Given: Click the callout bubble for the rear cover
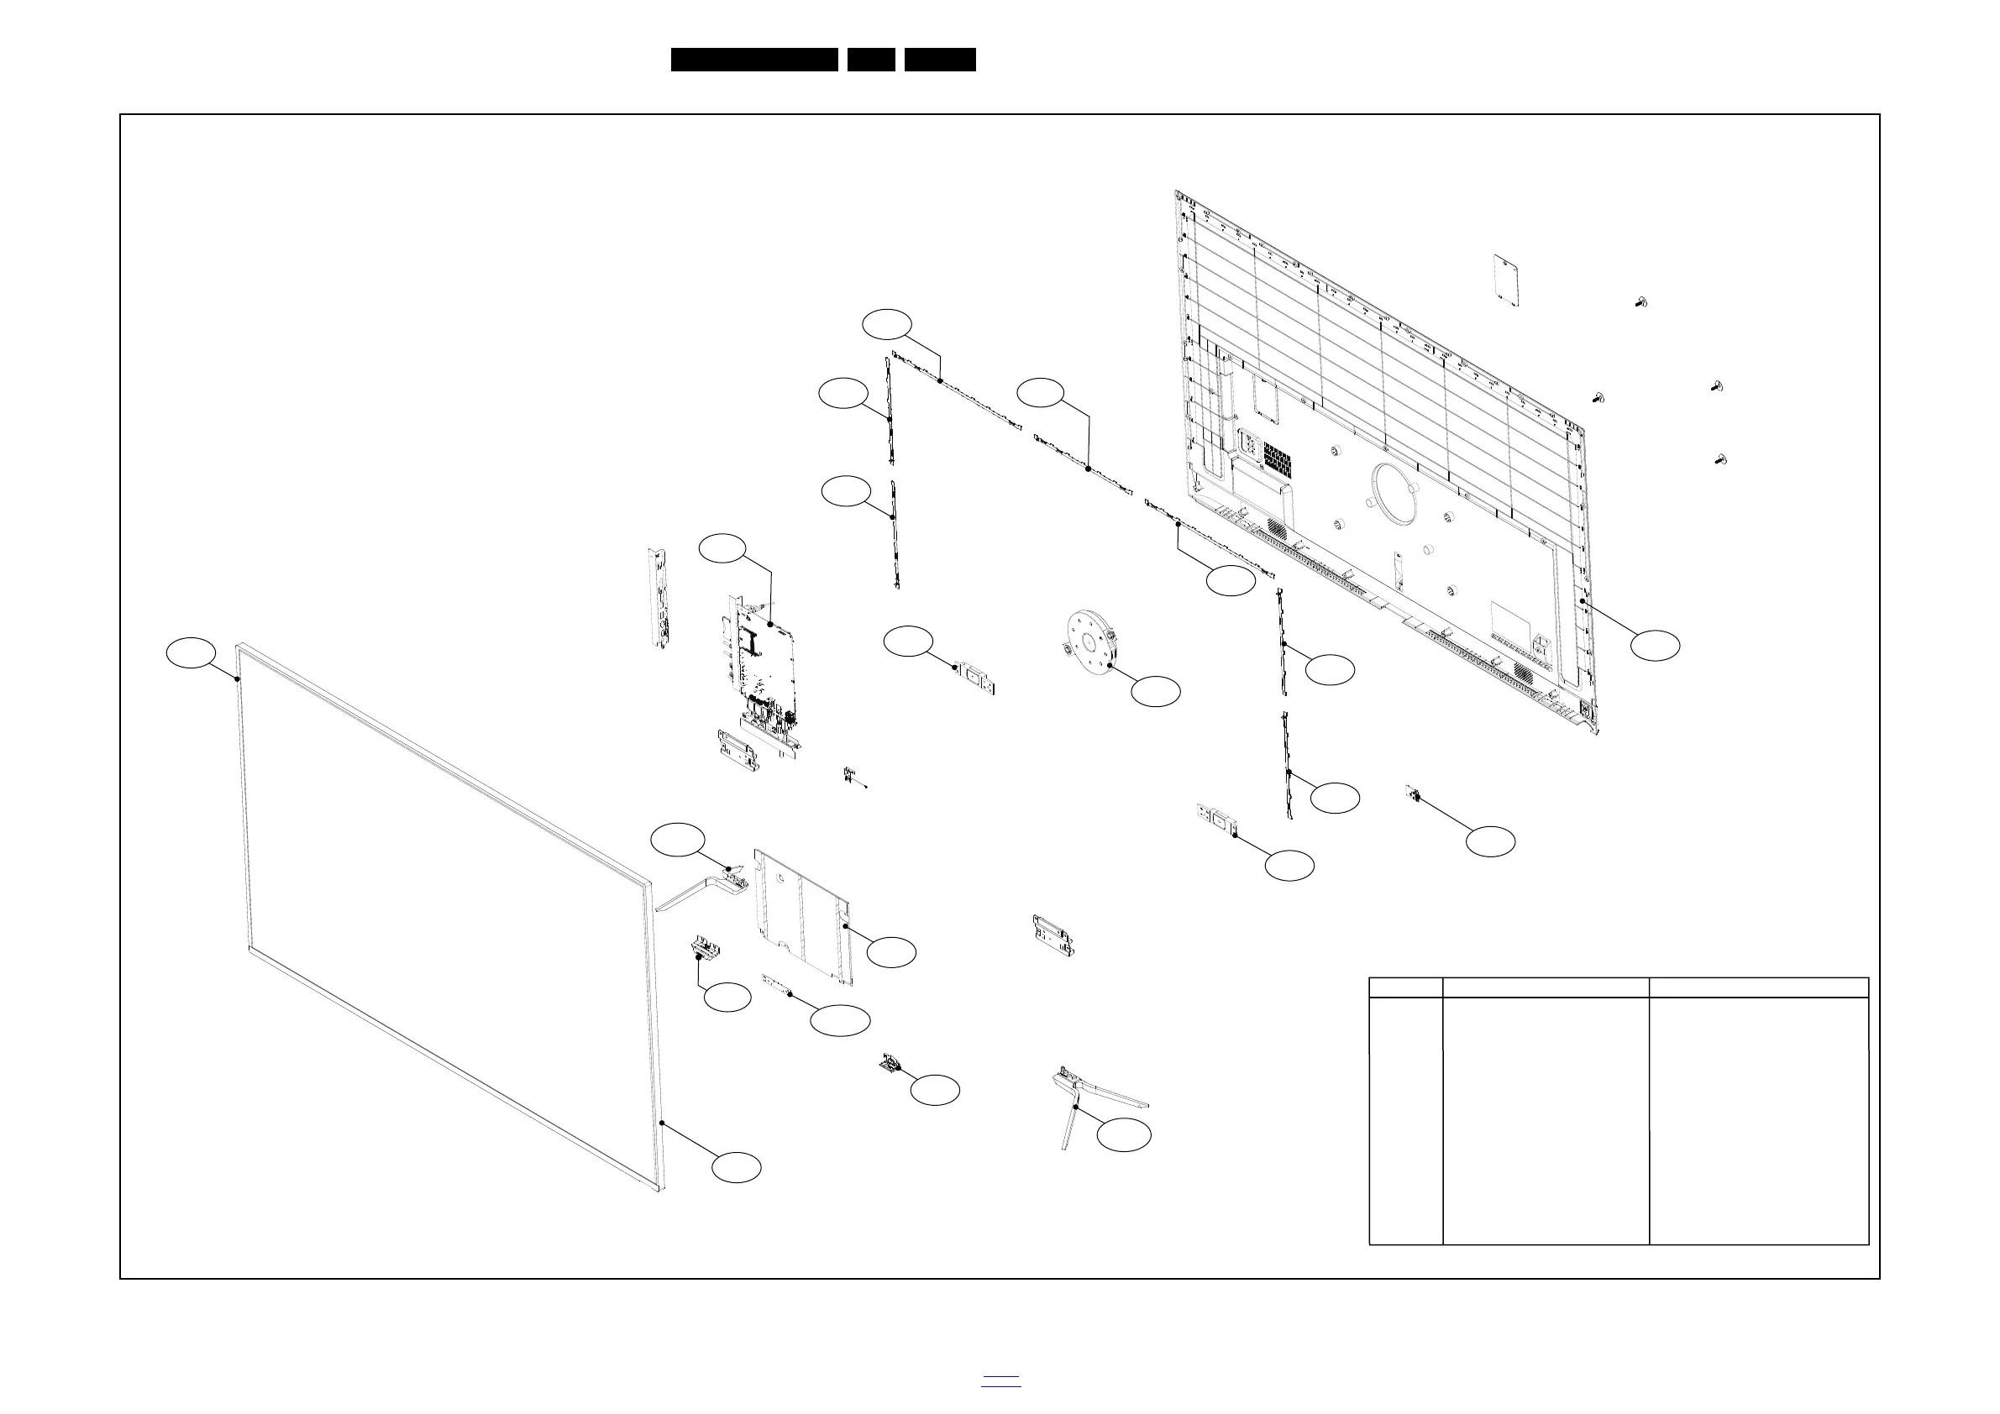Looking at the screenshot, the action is click(1655, 645).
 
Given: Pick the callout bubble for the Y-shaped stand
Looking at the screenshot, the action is click(1124, 1135).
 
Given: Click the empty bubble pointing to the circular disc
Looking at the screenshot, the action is click(1156, 691).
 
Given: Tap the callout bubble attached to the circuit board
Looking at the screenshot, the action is click(723, 547).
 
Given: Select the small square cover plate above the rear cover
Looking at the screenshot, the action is click(1507, 280).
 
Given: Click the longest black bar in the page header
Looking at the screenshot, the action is click(754, 60).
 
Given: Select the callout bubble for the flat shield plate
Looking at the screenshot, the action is click(891, 952).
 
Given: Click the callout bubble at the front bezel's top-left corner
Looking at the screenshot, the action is click(192, 653).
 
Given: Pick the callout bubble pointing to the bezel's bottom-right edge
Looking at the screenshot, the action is click(736, 1168).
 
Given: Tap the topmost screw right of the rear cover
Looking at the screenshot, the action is click(1641, 302).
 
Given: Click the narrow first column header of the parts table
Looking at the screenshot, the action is click(1406, 987).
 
